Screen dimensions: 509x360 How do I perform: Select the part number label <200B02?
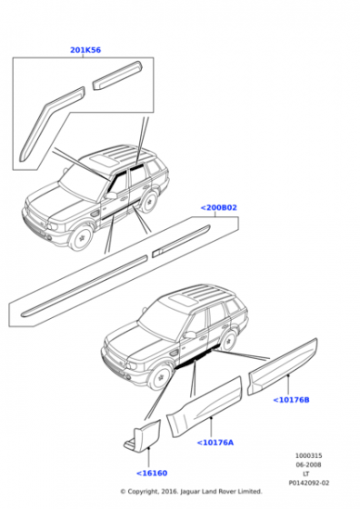click(219, 208)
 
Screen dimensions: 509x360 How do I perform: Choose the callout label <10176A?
click(215, 443)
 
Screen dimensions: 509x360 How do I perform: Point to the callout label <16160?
click(154, 473)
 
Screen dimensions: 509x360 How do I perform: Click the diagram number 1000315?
click(307, 455)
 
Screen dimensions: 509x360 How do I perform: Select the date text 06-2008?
click(307, 464)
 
